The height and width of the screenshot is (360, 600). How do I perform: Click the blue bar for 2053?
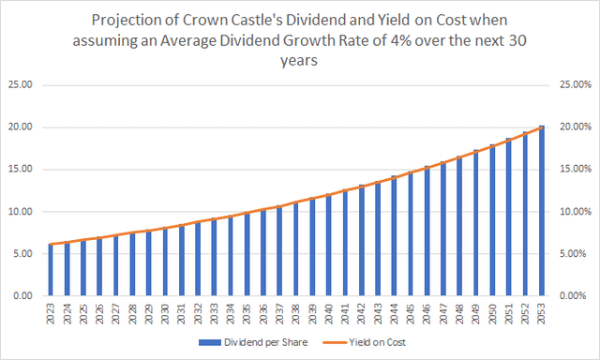click(x=541, y=211)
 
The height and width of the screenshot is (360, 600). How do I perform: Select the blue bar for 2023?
click(x=52, y=270)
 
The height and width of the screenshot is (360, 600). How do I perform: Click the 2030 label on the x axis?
click(x=166, y=313)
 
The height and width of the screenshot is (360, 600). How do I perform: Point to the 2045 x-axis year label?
click(x=411, y=313)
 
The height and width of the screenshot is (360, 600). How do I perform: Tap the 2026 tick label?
click(x=100, y=313)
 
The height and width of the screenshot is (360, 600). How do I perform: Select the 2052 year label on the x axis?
click(x=525, y=313)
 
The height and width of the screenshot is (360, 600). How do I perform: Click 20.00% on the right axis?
click(x=574, y=127)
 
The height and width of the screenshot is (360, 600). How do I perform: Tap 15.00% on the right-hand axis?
click(x=574, y=170)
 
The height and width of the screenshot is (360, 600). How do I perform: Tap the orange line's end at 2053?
click(x=541, y=127)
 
